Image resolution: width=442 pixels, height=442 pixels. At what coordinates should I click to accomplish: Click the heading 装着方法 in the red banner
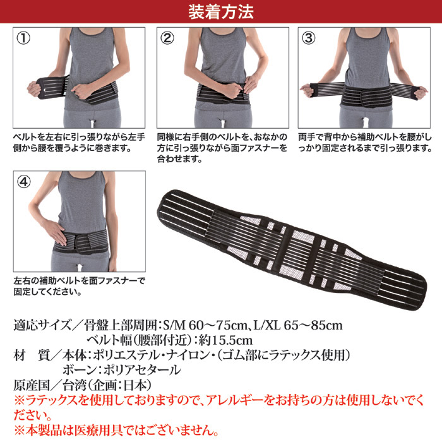(221, 12)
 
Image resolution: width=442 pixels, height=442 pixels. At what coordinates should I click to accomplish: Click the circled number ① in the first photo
(23, 38)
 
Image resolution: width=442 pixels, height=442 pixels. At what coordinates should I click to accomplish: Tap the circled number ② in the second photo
(167, 38)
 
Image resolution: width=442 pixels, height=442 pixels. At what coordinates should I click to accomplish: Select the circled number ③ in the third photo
(308, 38)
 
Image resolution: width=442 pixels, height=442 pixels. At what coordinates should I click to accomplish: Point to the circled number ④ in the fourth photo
(24, 182)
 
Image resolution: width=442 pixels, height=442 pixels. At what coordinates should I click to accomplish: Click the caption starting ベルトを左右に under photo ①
(79, 143)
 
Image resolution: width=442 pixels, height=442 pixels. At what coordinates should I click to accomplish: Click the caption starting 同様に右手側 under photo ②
(222, 148)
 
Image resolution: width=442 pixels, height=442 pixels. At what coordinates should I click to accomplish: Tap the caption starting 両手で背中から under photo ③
(365, 143)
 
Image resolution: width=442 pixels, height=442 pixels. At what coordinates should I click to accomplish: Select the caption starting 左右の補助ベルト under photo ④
(79, 286)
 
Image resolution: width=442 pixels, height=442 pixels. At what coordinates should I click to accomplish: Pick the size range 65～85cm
(313, 325)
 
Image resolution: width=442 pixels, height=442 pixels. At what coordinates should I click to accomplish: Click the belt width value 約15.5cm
(225, 340)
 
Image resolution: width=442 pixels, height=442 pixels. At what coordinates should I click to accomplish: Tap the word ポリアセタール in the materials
(142, 370)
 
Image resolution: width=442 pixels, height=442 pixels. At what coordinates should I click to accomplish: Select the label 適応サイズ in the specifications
(42, 325)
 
